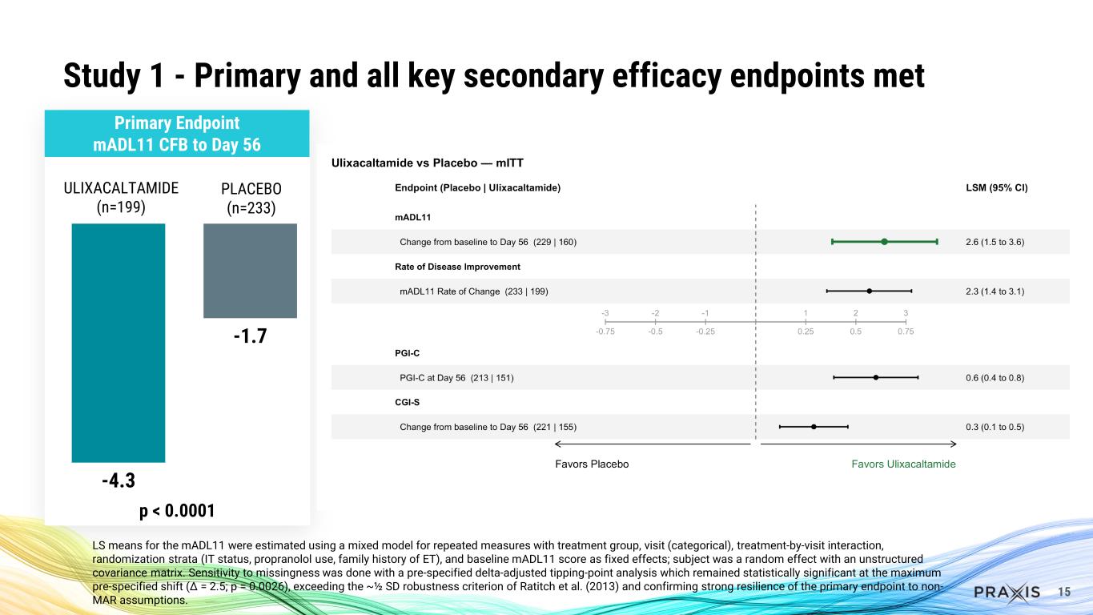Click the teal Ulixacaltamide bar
119,342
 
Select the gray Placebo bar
250,270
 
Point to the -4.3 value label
119,481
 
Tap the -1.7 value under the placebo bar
250,336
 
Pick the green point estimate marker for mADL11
884,242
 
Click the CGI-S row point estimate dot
814,427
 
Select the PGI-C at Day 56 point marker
876,377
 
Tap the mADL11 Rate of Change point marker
869,291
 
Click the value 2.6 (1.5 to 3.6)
995,242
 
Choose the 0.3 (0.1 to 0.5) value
995,427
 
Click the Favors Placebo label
592,464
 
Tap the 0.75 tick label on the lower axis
905,331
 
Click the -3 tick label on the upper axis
605,312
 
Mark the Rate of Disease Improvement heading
457,267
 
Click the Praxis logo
1007,592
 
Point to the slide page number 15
1064,592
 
